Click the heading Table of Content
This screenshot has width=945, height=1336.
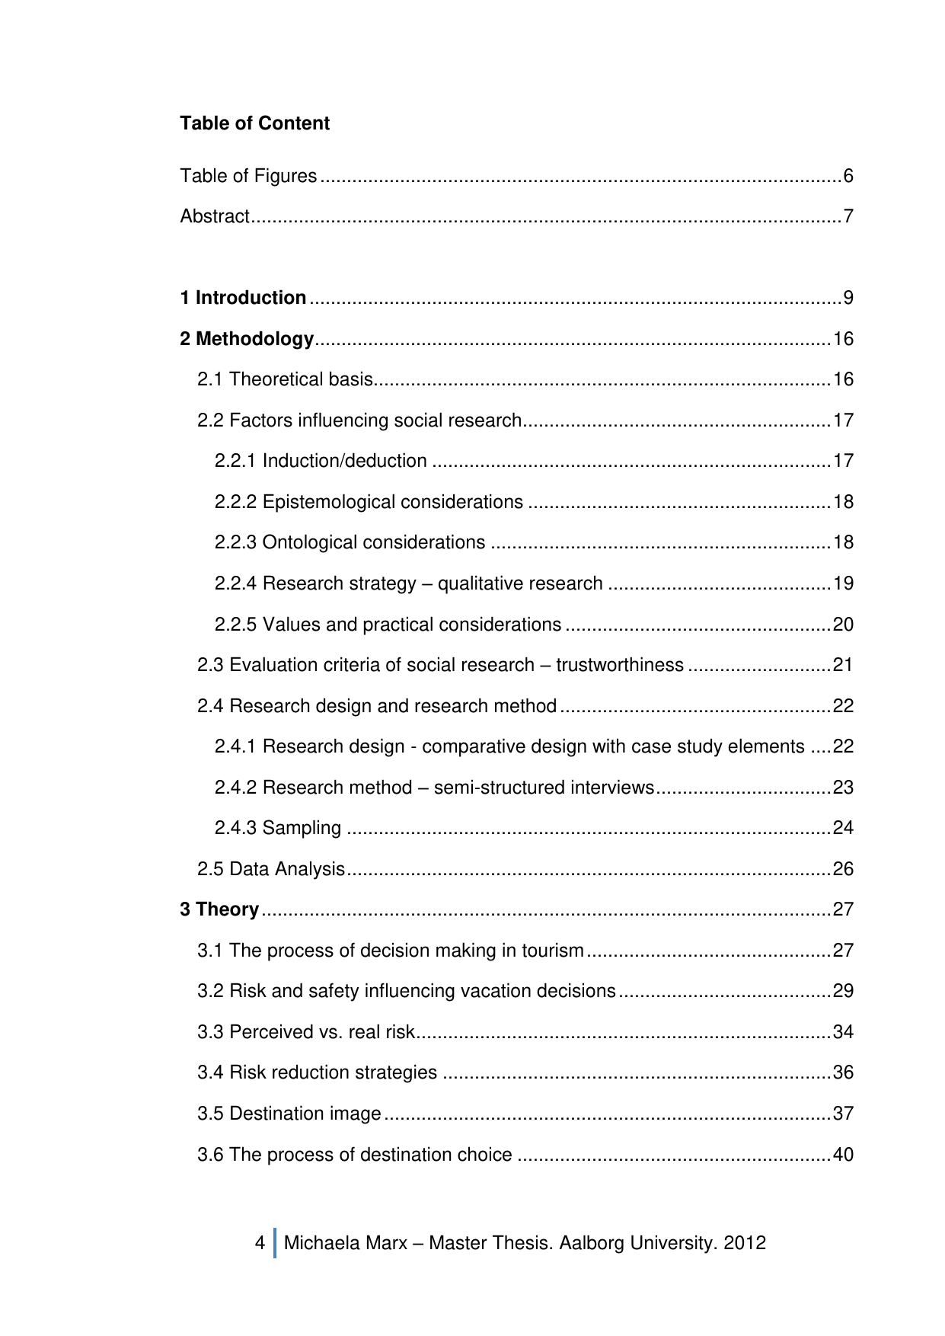click(x=254, y=123)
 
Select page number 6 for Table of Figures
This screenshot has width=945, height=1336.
click(x=848, y=177)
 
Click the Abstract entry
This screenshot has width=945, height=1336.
click(x=215, y=217)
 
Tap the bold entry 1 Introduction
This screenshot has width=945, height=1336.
click(x=243, y=298)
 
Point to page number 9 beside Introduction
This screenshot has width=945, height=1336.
click(x=848, y=298)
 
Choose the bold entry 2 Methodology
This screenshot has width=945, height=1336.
click(x=247, y=339)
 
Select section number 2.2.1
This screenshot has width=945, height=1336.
click(x=235, y=461)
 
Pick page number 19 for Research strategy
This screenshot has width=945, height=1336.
click(x=843, y=583)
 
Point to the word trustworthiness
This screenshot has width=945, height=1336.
click(x=619, y=665)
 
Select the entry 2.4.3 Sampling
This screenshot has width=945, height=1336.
click(x=278, y=828)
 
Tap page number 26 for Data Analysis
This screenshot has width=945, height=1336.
click(x=843, y=869)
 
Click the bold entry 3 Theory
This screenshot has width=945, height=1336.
click(x=219, y=909)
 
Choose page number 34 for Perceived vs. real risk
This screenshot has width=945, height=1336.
click(x=843, y=1032)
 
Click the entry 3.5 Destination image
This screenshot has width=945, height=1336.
click(x=289, y=1114)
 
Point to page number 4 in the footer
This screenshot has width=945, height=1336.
click(x=260, y=1243)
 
